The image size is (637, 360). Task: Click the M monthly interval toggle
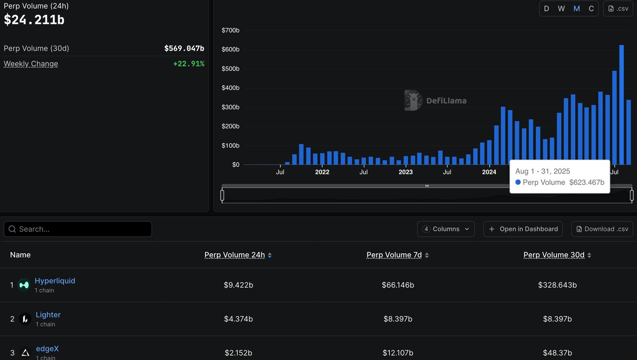pos(576,8)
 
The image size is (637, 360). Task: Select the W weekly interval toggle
pos(561,8)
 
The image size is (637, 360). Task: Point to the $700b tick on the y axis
pos(231,30)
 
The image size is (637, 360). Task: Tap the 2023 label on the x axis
pos(406,172)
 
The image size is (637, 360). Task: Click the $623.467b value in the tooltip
pos(586,182)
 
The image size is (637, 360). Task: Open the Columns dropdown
pos(446,229)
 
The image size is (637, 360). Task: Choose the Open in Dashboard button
pos(523,229)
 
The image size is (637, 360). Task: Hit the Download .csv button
pos(602,229)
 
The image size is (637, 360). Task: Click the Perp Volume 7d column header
pos(394,255)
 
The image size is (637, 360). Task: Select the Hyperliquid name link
pos(55,281)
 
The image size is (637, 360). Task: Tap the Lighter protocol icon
pos(25,319)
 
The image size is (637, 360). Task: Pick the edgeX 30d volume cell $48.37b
pos(557,353)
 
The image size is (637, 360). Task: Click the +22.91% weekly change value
pos(189,64)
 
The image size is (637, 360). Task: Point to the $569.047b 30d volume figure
pos(184,48)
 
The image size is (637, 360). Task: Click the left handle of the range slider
pos(222,195)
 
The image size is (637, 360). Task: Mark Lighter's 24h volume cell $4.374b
pos(238,319)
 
